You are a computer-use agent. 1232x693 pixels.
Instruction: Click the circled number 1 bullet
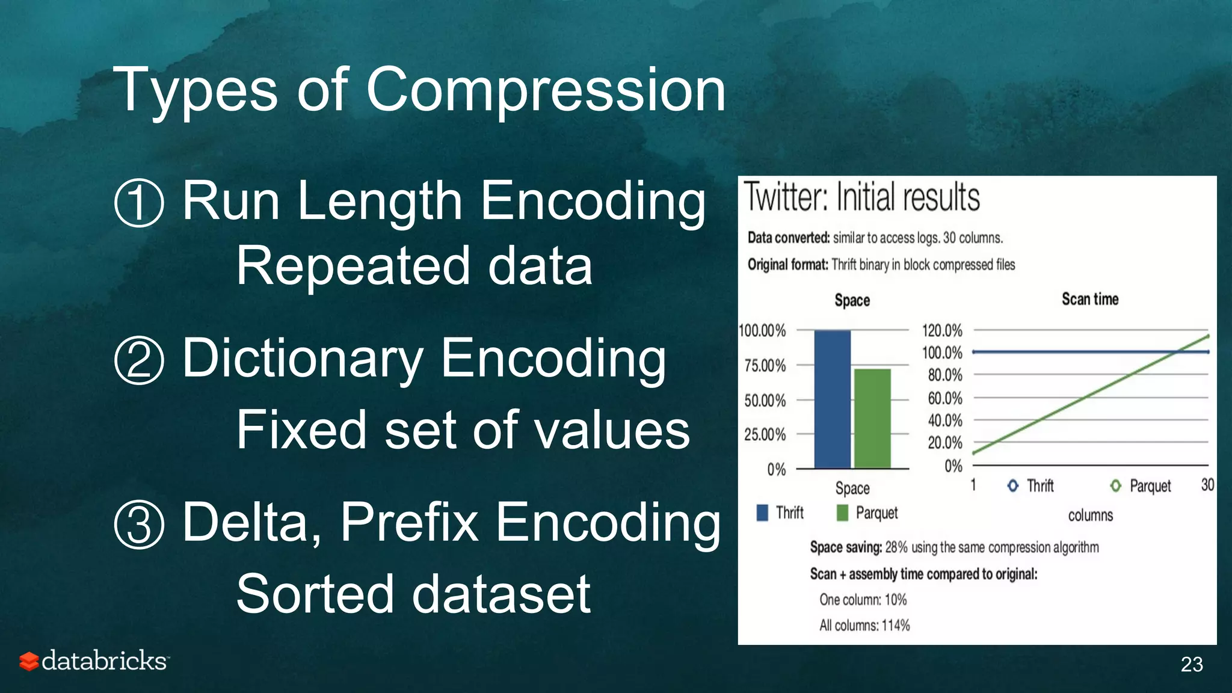(x=139, y=203)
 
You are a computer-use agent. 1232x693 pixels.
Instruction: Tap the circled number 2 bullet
(x=139, y=360)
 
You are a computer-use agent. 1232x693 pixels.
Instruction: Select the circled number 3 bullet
(x=139, y=525)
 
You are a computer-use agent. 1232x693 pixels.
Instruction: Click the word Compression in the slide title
(x=546, y=90)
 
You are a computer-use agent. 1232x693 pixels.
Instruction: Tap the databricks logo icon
(x=28, y=661)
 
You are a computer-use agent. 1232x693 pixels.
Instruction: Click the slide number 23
(x=1191, y=664)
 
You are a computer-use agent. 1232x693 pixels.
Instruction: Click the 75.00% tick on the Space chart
(x=765, y=366)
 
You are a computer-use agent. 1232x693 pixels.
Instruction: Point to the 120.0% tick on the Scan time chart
(x=942, y=330)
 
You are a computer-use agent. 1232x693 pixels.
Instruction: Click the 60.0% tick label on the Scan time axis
(x=944, y=398)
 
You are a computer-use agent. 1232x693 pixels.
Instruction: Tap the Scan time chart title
(x=1089, y=299)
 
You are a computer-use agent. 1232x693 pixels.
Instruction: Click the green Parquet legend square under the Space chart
(x=842, y=513)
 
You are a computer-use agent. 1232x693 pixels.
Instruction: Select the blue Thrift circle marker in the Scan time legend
(x=1013, y=485)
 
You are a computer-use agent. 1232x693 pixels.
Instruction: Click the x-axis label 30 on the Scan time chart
(x=1207, y=485)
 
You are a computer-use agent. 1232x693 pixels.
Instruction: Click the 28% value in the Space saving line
(x=896, y=547)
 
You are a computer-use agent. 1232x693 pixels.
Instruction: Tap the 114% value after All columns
(x=896, y=626)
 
